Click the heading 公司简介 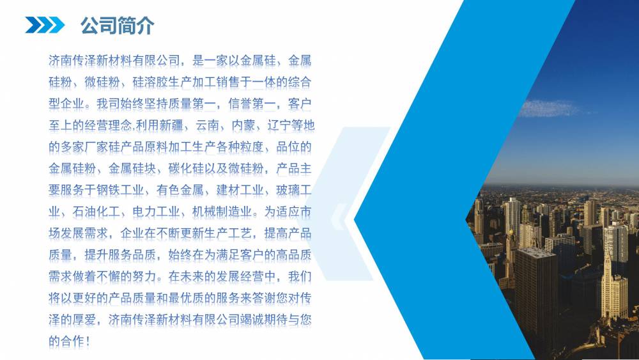(117, 26)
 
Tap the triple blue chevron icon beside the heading (45, 25)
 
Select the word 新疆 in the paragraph (171, 125)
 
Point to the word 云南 (208, 125)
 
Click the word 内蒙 (243, 125)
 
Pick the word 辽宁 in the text (279, 125)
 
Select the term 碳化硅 (186, 168)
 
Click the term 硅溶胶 (150, 82)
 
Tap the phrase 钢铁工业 (120, 190)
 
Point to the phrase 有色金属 (180, 190)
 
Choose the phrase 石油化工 (96, 212)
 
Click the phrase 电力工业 (156, 212)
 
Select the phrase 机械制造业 (222, 212)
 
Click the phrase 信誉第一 (252, 104)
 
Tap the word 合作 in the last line (73, 341)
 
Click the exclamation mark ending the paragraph (88, 341)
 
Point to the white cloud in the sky (550, 109)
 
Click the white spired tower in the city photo (613, 285)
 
